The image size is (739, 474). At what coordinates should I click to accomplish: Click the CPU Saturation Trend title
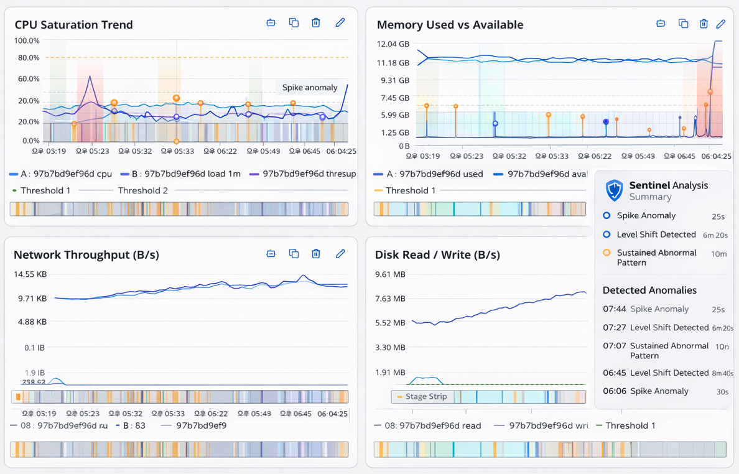[73, 25]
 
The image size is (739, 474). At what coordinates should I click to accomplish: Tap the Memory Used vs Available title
[450, 25]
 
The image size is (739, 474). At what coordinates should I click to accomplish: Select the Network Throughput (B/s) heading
[86, 255]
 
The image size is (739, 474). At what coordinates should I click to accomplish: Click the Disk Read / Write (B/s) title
[437, 255]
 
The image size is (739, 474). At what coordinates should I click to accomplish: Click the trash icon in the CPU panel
[316, 23]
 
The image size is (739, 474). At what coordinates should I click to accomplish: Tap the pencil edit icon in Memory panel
[720, 24]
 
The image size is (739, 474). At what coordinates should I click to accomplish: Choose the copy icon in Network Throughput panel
[294, 254]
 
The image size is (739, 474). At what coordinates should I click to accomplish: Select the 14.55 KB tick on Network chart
[30, 274]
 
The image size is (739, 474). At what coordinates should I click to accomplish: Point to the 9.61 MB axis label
[390, 274]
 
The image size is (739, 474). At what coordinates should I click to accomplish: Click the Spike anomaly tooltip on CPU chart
[309, 88]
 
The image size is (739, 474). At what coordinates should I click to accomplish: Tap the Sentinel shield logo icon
[614, 190]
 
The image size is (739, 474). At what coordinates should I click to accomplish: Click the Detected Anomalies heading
[649, 290]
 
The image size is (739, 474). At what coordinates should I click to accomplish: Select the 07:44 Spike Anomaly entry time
[614, 309]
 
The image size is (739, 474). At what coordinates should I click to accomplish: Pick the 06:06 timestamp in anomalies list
[614, 391]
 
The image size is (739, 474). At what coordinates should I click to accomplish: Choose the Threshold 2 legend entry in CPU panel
[142, 190]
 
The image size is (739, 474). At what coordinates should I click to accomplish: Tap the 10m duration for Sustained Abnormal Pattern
[718, 254]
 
